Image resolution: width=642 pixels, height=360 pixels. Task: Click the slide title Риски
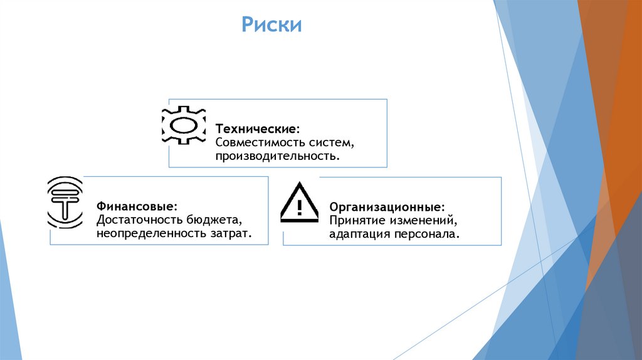272,26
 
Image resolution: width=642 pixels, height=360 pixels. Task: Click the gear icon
184,124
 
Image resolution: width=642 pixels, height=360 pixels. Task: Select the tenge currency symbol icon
65,202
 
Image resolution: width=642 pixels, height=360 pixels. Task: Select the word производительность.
277,155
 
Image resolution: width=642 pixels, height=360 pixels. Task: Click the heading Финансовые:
136,206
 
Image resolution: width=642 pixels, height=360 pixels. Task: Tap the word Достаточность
139,220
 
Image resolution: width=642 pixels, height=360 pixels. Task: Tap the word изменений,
422,221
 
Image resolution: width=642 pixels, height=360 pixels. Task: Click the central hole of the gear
184,124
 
